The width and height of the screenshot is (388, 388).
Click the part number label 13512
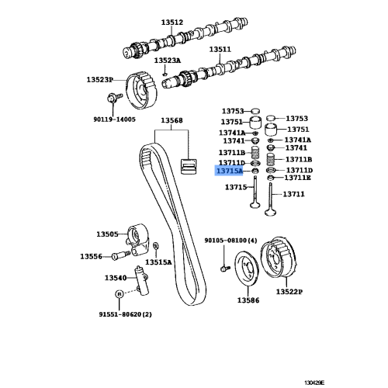pos(172,23)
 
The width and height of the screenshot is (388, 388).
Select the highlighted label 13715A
pos(229,171)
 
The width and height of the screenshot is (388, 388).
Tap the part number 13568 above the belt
pos(171,120)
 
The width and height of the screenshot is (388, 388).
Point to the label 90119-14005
pos(114,120)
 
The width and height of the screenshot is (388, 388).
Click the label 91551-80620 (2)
pos(125,314)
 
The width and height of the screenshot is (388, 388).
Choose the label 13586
pos(248,300)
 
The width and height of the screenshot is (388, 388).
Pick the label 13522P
pos(289,292)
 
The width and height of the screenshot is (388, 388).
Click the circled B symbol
pos(119,294)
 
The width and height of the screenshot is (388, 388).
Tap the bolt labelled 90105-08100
pos(224,268)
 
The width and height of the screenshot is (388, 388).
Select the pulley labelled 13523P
pos(141,91)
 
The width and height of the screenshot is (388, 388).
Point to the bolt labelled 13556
pos(120,255)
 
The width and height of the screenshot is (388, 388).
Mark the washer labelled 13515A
pos(156,245)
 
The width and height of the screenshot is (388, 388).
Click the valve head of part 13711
pos(271,213)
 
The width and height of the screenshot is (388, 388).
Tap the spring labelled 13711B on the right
pos(271,160)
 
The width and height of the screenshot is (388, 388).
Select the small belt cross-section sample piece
pos(189,167)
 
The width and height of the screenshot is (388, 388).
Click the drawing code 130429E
pos(314,383)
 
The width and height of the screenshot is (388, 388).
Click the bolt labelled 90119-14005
pos(114,98)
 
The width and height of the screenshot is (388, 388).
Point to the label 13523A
pos(168,61)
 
